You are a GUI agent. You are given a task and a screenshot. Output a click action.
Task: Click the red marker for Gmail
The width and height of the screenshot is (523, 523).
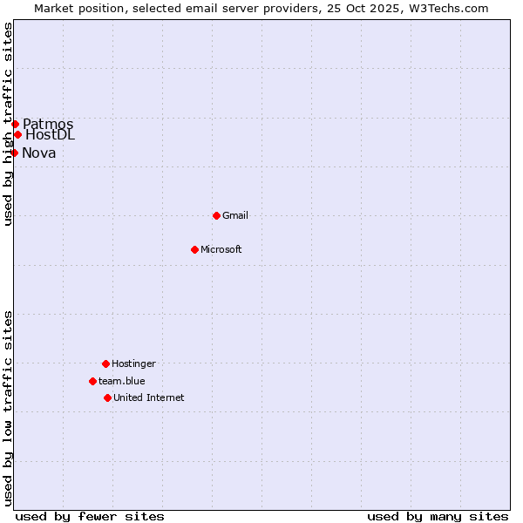tap(216, 215)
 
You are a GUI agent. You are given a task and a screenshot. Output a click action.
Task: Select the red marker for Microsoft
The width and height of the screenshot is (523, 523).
tap(194, 249)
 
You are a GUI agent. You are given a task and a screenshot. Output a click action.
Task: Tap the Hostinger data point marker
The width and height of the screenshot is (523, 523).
tap(105, 363)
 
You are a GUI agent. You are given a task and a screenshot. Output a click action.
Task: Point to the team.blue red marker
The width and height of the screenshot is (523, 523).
tap(92, 381)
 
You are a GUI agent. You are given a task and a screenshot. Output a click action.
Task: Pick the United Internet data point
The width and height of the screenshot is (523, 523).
tap(107, 397)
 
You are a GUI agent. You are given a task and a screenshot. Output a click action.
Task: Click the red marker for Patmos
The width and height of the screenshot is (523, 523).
tap(15, 124)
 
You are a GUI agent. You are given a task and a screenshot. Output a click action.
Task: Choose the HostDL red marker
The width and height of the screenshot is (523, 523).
tap(17, 134)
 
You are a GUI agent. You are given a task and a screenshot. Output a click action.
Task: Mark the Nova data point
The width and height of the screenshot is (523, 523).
tap(14, 153)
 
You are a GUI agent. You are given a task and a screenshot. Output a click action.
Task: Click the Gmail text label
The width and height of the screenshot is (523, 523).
tap(235, 215)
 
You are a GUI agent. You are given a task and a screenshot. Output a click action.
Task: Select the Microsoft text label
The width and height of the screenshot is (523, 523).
tap(221, 249)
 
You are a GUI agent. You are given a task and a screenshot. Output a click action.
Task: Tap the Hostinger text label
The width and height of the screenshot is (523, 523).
tap(133, 363)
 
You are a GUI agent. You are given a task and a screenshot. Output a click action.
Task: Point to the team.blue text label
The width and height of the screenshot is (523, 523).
tap(122, 381)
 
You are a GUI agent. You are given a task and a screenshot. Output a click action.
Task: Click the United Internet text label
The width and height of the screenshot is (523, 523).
tap(149, 397)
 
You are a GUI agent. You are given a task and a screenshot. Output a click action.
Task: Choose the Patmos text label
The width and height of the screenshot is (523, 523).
tap(48, 124)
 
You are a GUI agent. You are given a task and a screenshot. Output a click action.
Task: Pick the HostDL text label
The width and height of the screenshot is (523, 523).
tap(51, 134)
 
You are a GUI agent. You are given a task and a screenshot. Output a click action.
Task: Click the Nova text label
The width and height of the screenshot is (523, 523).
tap(39, 153)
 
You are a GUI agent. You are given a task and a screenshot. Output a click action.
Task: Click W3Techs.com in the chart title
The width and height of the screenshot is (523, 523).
tap(447, 8)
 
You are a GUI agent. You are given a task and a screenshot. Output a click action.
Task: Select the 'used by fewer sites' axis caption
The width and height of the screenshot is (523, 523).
tap(90, 516)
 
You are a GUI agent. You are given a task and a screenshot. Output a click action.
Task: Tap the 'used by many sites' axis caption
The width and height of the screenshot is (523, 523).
tap(438, 516)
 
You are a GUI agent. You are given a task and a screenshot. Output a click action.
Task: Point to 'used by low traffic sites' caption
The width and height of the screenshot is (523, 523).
tap(8, 408)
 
